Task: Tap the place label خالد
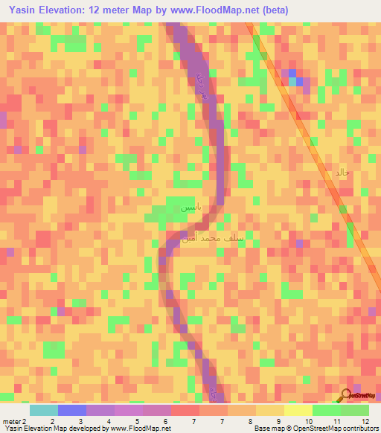(341, 173)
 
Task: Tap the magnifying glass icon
(347, 395)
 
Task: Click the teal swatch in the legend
(43, 410)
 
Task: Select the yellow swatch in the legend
(298, 410)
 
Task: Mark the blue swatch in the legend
(71, 410)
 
